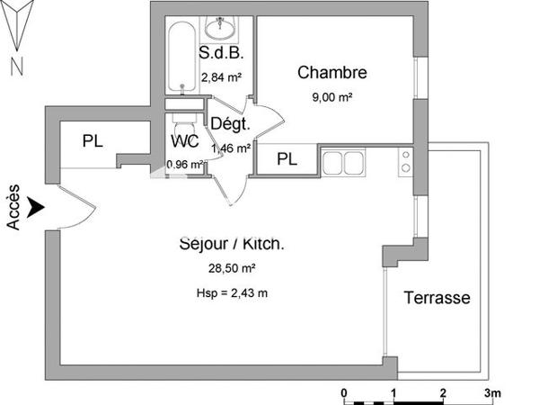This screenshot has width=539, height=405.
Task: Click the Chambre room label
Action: pos(332,72)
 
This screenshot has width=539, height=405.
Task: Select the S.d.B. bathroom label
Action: pos(216,52)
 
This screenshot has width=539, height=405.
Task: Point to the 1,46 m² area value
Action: pos(230,148)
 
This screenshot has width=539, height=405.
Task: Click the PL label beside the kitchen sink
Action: pos(287,159)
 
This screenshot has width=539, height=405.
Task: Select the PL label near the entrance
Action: pos(92,141)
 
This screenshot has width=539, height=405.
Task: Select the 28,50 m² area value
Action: pos(233,268)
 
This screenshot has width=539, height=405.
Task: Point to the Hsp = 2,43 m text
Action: pos(233,292)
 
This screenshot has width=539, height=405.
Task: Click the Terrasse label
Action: pos(437,298)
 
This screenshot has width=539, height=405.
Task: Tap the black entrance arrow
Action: pos(35,208)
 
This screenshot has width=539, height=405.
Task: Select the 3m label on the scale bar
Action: pos(492,393)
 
